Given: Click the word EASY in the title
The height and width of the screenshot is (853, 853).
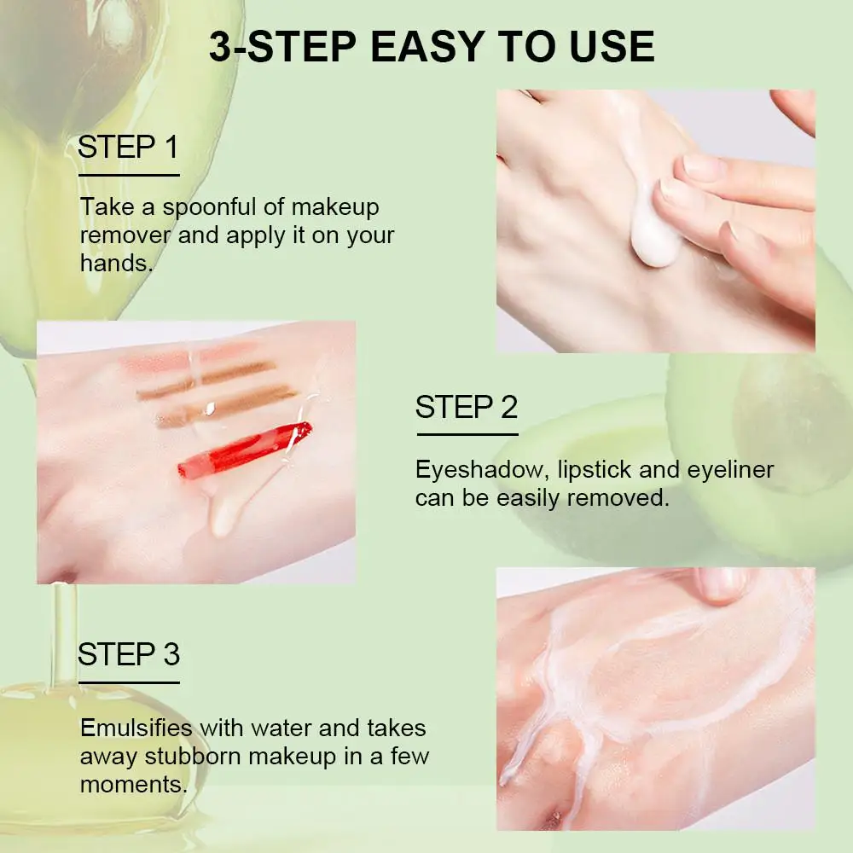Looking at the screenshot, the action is point(428,46).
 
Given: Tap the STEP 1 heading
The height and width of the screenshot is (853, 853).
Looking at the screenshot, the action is point(129,147).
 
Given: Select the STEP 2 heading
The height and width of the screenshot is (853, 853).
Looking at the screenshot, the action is point(467,407).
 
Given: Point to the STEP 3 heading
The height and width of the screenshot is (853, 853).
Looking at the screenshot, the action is point(129,654).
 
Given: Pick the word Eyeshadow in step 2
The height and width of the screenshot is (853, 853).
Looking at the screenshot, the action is point(482,469).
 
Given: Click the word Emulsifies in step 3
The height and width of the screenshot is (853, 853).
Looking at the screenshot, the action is point(136,728).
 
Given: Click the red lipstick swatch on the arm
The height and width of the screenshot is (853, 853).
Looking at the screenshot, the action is point(245,450).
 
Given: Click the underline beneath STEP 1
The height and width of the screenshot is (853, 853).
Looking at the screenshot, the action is point(129,175).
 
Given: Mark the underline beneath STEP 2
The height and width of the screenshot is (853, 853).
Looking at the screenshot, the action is point(467,435).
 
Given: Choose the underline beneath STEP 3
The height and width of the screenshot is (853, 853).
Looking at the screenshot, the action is point(129,682).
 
